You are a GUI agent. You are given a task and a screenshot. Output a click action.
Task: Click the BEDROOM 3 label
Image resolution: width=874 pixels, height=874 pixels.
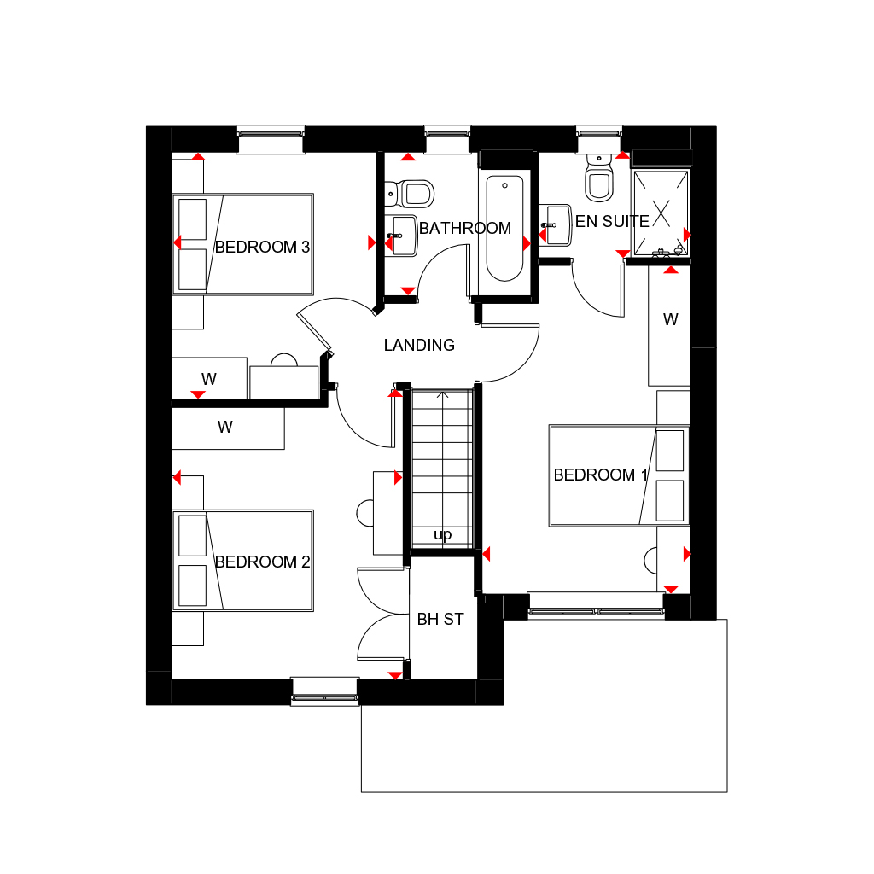tap(262, 248)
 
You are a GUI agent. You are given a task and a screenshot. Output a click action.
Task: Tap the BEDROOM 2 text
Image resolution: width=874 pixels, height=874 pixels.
tap(262, 562)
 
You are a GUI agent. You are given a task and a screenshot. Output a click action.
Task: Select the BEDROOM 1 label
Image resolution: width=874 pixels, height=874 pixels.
tap(601, 475)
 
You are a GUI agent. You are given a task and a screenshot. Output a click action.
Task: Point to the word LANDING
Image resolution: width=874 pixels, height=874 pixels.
tap(419, 346)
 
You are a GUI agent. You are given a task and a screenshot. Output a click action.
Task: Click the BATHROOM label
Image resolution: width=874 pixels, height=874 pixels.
tap(465, 229)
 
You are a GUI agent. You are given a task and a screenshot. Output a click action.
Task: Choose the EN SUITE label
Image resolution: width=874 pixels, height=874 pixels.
tap(612, 222)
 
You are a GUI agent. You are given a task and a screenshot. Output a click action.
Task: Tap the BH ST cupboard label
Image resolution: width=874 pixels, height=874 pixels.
tap(440, 620)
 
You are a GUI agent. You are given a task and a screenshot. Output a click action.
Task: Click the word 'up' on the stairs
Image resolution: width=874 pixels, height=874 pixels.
tap(442, 535)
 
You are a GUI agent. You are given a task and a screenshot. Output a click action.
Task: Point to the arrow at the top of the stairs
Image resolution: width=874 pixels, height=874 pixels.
tap(442, 396)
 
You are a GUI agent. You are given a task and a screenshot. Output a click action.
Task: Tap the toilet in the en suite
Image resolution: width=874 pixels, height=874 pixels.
tap(598, 181)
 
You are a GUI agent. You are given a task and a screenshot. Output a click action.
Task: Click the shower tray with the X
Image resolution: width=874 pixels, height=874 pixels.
tap(661, 212)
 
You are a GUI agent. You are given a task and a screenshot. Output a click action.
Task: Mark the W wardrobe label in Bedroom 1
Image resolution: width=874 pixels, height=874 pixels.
tap(671, 320)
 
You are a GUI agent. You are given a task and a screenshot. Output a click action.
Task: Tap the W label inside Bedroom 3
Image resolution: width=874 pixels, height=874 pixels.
tap(208, 378)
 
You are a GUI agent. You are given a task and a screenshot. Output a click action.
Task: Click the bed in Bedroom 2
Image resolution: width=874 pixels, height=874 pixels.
tap(243, 560)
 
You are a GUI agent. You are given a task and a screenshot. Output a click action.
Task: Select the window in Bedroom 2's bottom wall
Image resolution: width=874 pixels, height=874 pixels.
tap(324, 690)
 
